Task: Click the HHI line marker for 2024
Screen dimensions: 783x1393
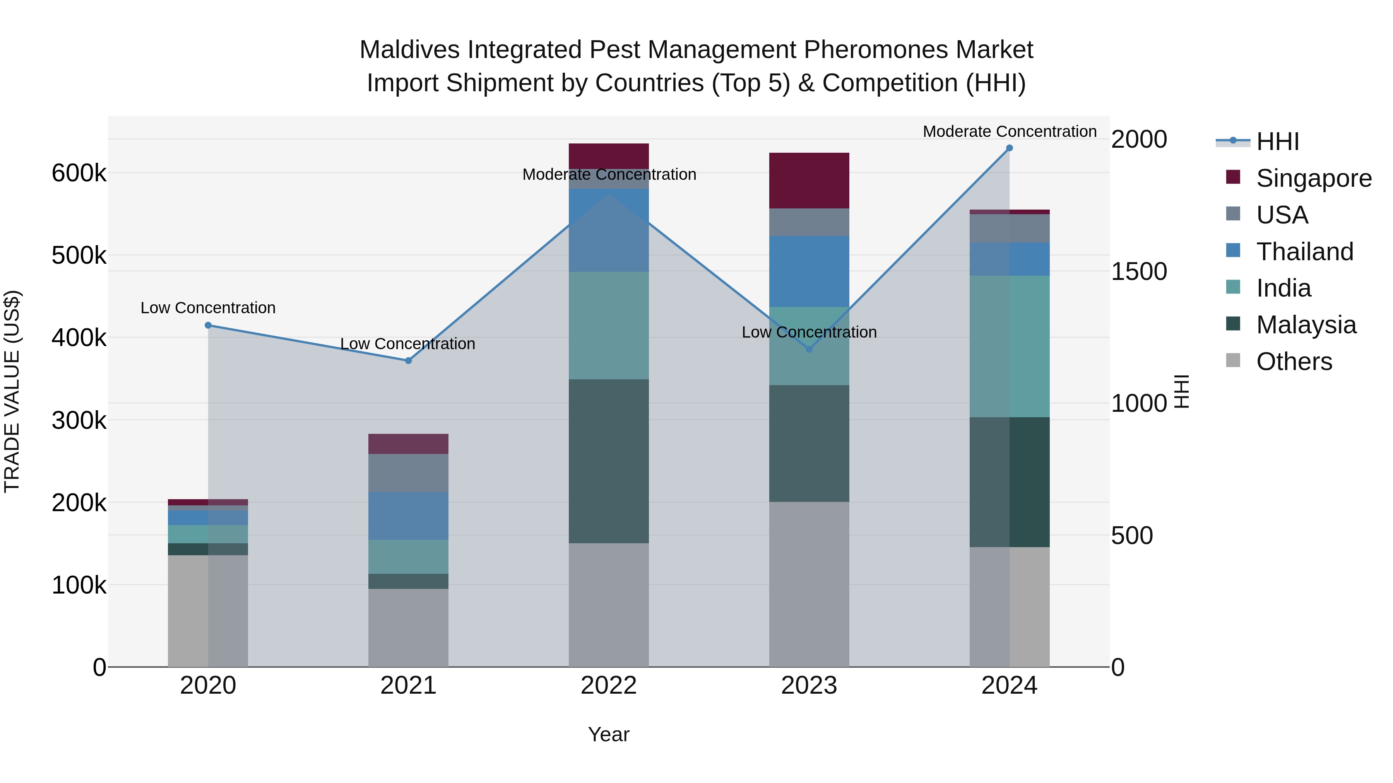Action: pos(1009,148)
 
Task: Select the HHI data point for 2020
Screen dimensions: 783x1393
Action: pos(208,325)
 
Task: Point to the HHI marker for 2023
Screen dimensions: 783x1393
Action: pos(809,350)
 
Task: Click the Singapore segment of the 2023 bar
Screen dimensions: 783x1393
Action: pos(809,181)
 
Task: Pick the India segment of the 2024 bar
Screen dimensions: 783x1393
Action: pos(1009,346)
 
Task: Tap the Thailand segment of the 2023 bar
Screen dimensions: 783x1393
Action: pos(809,271)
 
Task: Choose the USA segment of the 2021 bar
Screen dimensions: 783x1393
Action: pos(408,473)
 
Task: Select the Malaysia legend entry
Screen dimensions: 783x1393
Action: pos(1306,325)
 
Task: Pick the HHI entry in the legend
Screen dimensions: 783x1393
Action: pos(1277,142)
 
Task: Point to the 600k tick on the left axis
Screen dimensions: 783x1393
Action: pos(79,174)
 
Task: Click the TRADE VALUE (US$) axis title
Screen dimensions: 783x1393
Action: pos(12,391)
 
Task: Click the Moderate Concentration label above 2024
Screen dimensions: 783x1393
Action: pos(1009,132)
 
